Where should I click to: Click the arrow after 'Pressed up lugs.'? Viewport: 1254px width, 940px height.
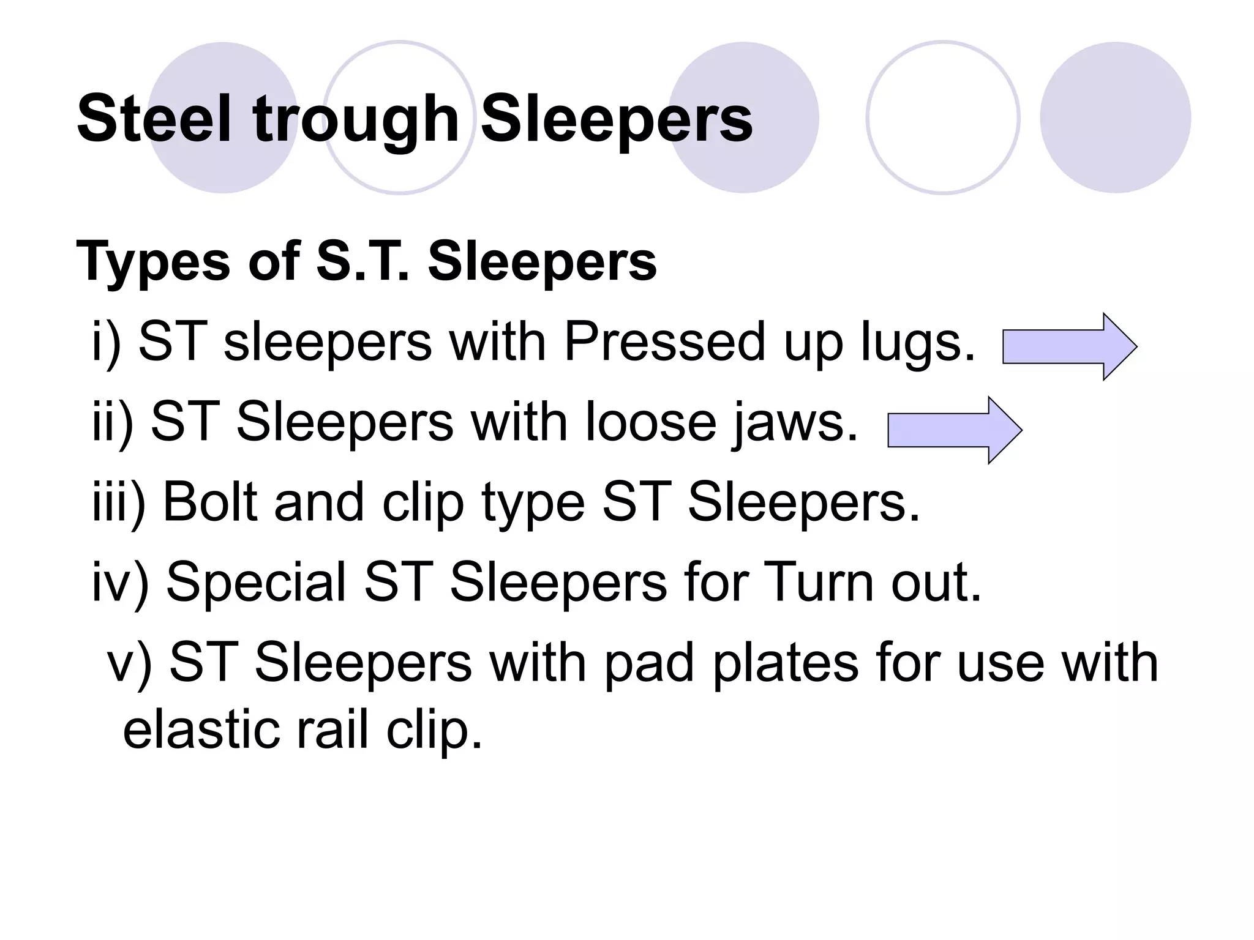(1069, 346)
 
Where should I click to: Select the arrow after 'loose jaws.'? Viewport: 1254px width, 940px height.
(955, 430)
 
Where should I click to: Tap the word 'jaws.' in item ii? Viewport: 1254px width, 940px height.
(795, 424)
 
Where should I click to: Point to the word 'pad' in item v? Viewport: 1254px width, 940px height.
(649, 664)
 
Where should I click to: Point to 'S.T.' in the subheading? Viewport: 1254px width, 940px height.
(362, 261)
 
